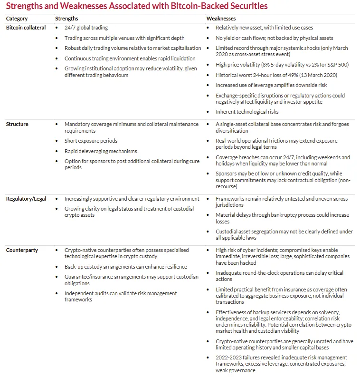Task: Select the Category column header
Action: click(x=17, y=19)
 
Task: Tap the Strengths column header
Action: click(x=66, y=19)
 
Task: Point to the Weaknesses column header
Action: click(x=220, y=19)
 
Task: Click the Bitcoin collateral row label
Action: click(x=26, y=28)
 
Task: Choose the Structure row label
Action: click(x=17, y=124)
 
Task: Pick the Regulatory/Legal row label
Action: click(x=26, y=199)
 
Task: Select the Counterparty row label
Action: click(x=22, y=250)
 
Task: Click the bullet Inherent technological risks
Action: click(x=247, y=112)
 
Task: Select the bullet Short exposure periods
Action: click(x=91, y=141)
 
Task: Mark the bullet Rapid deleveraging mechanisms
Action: click(x=101, y=151)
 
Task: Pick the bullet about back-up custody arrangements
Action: click(x=126, y=267)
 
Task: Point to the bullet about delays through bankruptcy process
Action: click(x=282, y=218)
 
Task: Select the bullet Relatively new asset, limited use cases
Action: click(x=264, y=28)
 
